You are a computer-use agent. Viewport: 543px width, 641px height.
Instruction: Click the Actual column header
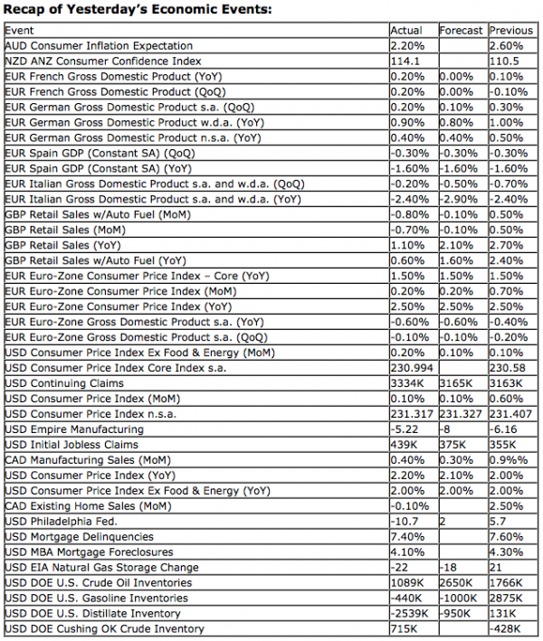pos(405,31)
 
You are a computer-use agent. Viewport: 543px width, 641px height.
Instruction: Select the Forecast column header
pos(461,31)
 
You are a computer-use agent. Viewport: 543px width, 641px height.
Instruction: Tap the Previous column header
pos(511,31)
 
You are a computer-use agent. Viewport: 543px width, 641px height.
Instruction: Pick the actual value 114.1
pos(404,61)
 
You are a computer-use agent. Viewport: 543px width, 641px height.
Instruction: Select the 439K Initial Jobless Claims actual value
pos(403,445)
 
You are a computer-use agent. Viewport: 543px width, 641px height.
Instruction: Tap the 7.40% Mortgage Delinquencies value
pos(405,537)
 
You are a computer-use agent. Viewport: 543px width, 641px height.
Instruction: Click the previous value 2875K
pos(507,599)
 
